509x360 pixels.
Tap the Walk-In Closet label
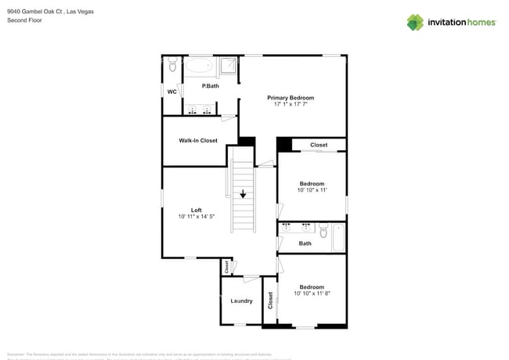coord(198,141)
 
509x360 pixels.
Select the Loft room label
coord(197,210)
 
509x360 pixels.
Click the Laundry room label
coord(240,301)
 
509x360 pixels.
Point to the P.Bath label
coord(210,86)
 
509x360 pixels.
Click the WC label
coord(171,92)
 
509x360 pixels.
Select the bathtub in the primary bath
coord(200,67)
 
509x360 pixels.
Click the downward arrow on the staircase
coord(244,193)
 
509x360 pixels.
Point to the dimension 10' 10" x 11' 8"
coord(312,294)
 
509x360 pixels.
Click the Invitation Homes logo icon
coord(415,23)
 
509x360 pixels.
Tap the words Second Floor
coord(24,20)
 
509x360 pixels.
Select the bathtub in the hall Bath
coord(338,237)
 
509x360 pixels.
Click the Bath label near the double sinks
coord(305,243)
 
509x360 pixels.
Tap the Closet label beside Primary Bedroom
coord(319,145)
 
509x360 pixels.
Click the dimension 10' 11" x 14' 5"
coord(197,217)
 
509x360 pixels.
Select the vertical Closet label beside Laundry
coord(271,301)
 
